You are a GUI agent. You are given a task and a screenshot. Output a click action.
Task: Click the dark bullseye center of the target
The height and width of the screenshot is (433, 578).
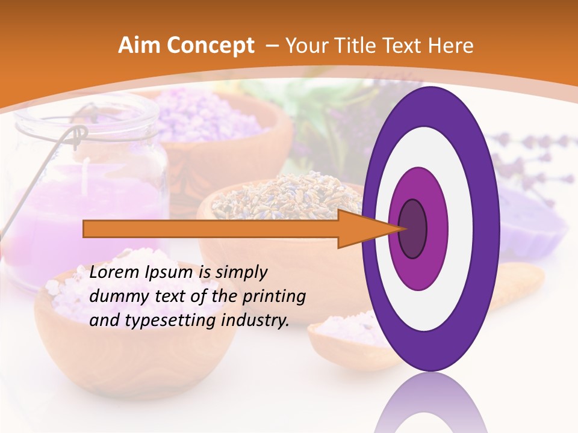coord(413,229)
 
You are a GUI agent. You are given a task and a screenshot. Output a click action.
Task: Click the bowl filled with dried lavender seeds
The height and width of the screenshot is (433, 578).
coord(277,198)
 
